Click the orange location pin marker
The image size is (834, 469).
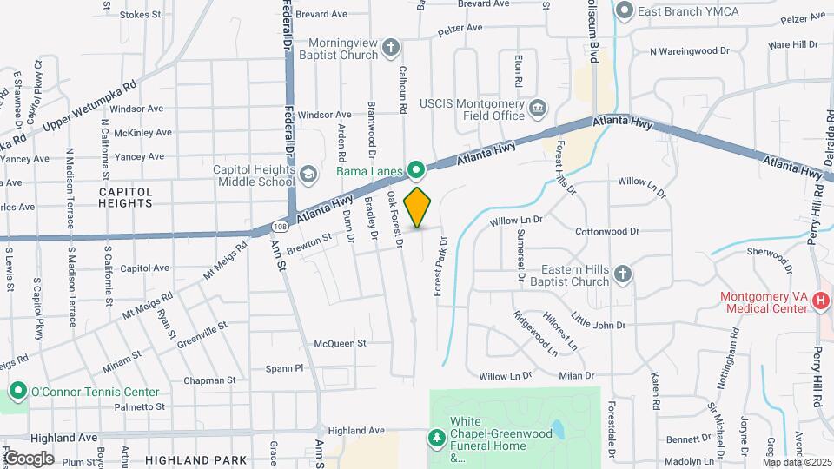coord(417,207)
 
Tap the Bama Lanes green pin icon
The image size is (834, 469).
coord(417,168)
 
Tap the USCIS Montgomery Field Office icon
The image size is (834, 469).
coord(538,108)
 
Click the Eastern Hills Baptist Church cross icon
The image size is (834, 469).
coord(622,275)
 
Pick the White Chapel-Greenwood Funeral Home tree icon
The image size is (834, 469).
coord(437,438)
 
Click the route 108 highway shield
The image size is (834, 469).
coord(279,226)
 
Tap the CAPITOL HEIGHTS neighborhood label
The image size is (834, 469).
coord(125,196)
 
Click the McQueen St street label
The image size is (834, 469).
coord(334,343)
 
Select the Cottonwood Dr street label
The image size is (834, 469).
coord(607,232)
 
